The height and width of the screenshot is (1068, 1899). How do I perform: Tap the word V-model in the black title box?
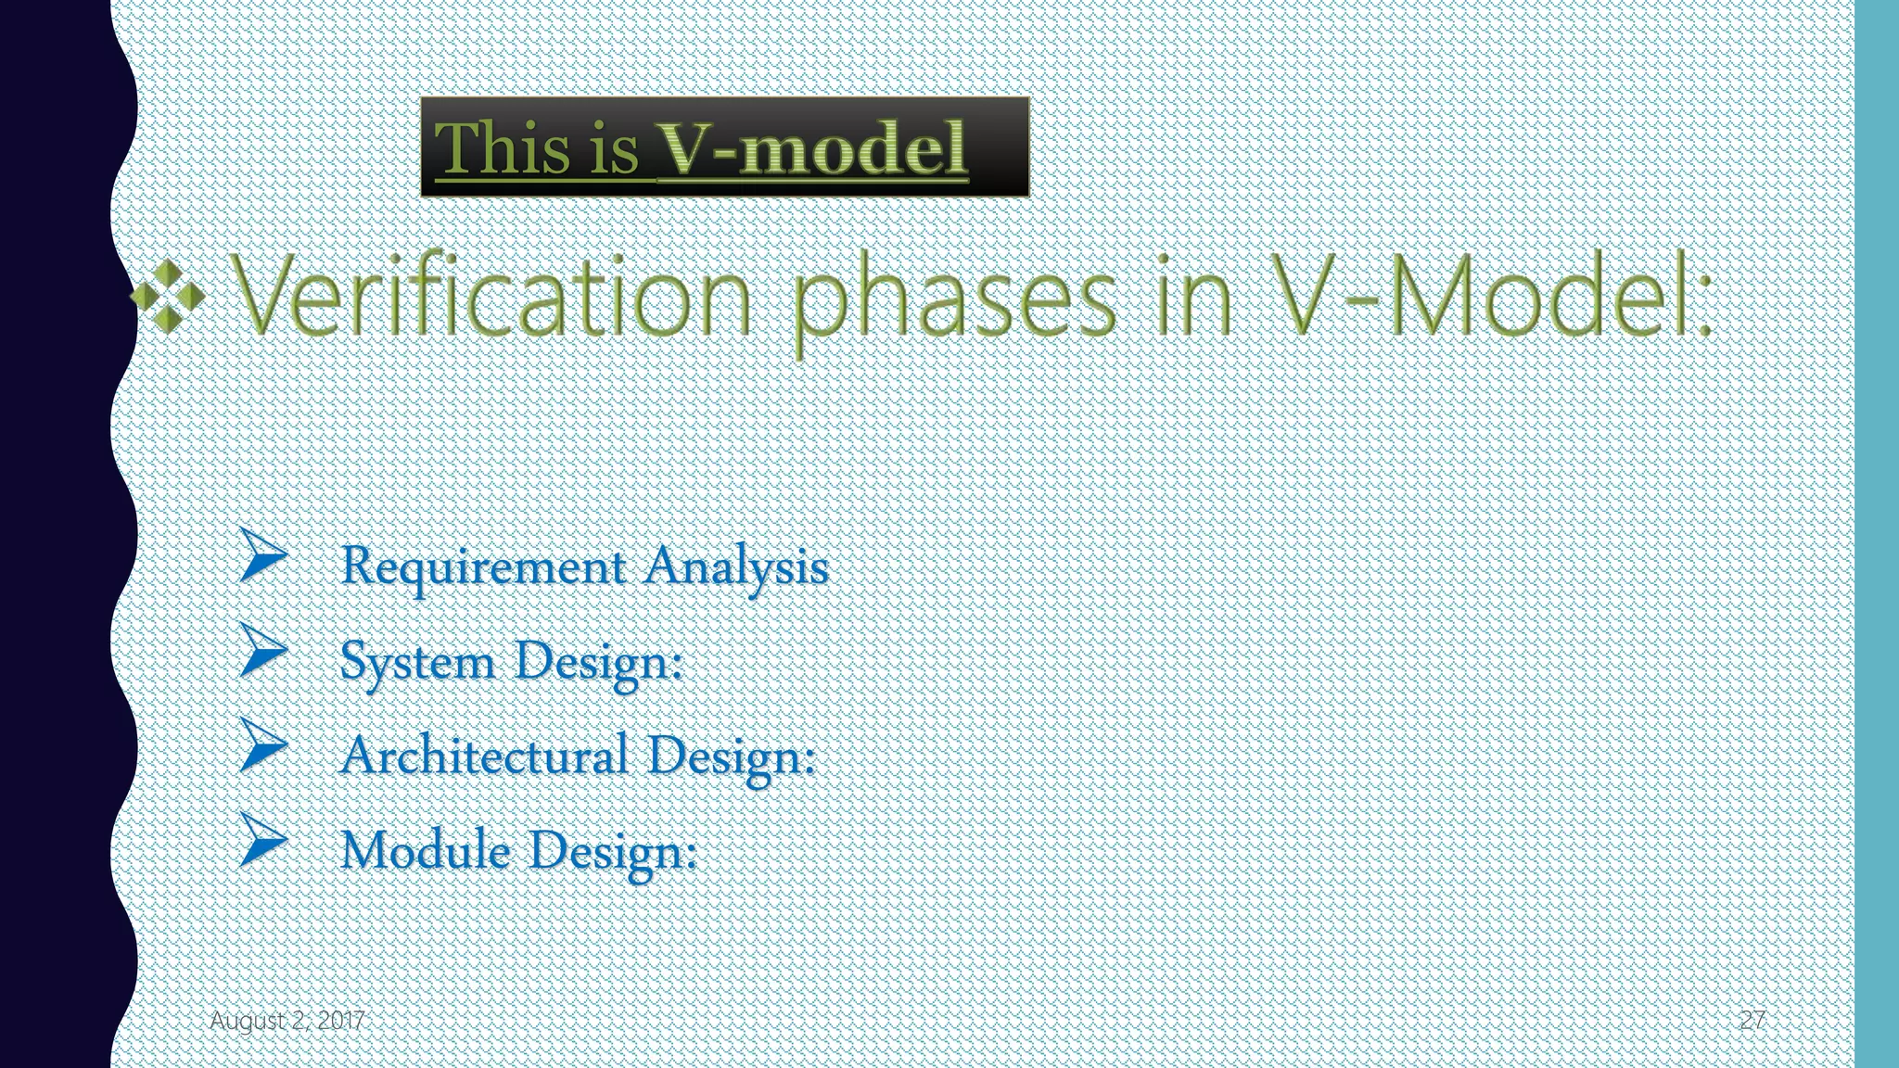812,148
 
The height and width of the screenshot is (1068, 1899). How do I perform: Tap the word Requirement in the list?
483,566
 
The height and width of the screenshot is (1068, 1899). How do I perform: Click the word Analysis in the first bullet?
736,566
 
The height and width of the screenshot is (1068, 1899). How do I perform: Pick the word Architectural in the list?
483,756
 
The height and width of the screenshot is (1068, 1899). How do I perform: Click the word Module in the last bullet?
425,850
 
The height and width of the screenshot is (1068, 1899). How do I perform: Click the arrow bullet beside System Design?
262,650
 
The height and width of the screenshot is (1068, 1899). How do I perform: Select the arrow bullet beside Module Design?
262,839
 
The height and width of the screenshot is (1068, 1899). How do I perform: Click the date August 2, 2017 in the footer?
287,1021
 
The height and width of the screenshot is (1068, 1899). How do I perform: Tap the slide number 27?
1752,1021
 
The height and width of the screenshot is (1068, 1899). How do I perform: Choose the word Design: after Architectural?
731,756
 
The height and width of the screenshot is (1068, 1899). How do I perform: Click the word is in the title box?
613,148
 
